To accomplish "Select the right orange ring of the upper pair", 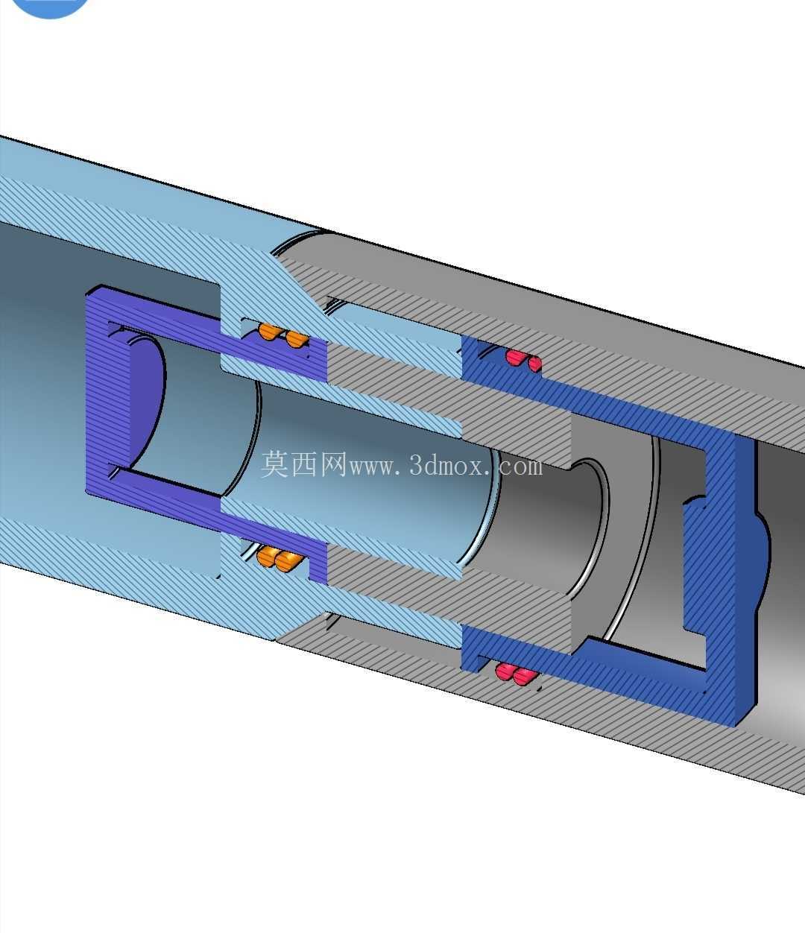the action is click(x=296, y=338).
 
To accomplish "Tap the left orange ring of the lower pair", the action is click(x=266, y=556).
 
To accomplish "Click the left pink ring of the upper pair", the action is click(x=515, y=358).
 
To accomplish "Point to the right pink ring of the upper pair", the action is click(x=535, y=364).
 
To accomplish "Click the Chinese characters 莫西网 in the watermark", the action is click(x=304, y=464).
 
